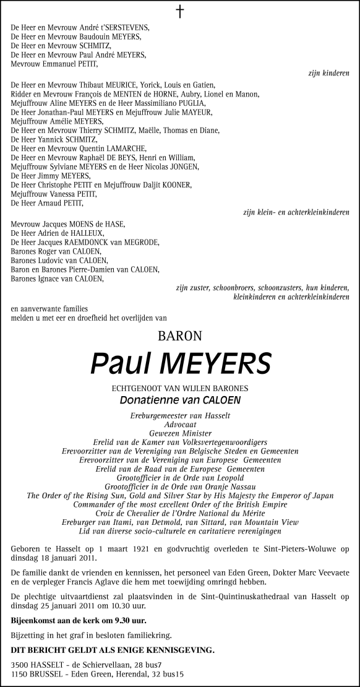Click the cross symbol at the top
pos(180,12)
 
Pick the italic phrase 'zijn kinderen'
pos(328,72)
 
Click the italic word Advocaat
pos(180,425)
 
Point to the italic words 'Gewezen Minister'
pos(180,433)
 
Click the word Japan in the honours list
pos(321,496)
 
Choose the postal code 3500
pos(20,663)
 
